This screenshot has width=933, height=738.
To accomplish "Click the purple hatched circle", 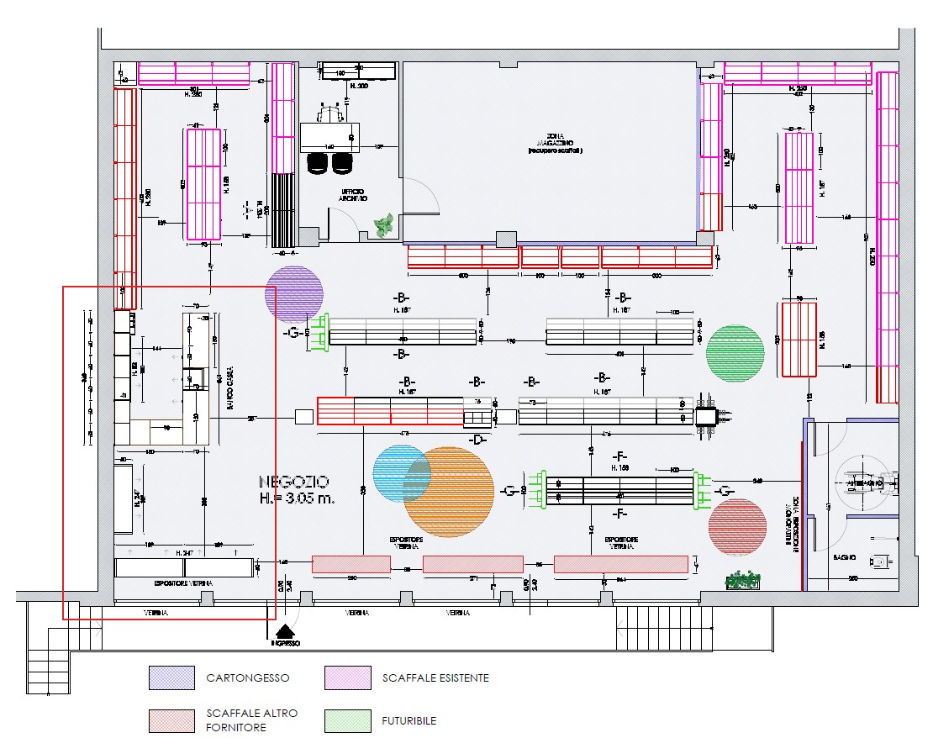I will (x=294, y=293).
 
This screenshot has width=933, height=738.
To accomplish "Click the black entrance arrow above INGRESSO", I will (x=287, y=631).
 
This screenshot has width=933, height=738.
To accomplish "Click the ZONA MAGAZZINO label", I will (x=550, y=143).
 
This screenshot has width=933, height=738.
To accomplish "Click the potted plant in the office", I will (x=383, y=225).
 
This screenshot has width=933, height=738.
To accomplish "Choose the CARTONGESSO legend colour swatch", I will (x=171, y=677).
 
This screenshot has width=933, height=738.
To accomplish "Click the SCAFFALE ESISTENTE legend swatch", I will (x=348, y=677).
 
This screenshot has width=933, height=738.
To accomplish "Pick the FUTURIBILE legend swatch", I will (x=348, y=720).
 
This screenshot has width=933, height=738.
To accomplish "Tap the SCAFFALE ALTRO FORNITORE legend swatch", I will (x=171, y=720).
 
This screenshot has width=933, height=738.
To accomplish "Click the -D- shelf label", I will (x=477, y=440).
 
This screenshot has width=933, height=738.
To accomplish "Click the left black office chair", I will (x=319, y=164).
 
